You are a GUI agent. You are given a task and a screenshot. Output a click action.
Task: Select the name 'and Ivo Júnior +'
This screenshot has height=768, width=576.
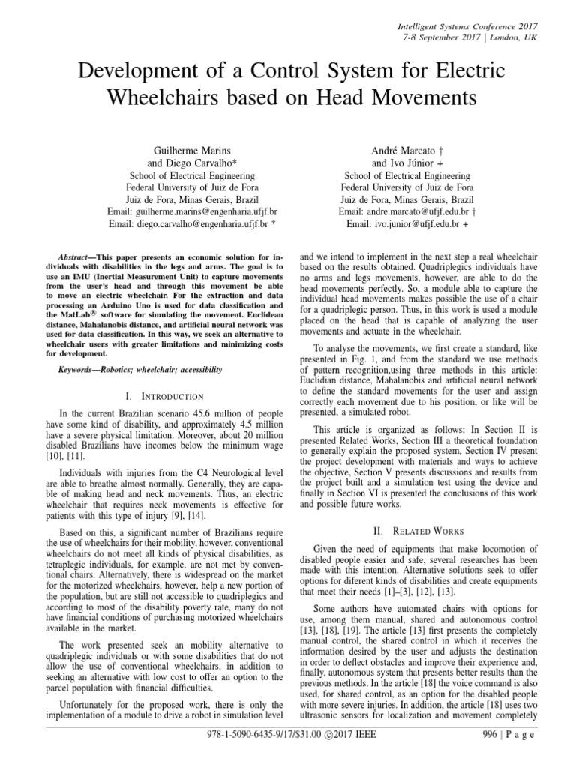coord(407,163)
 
